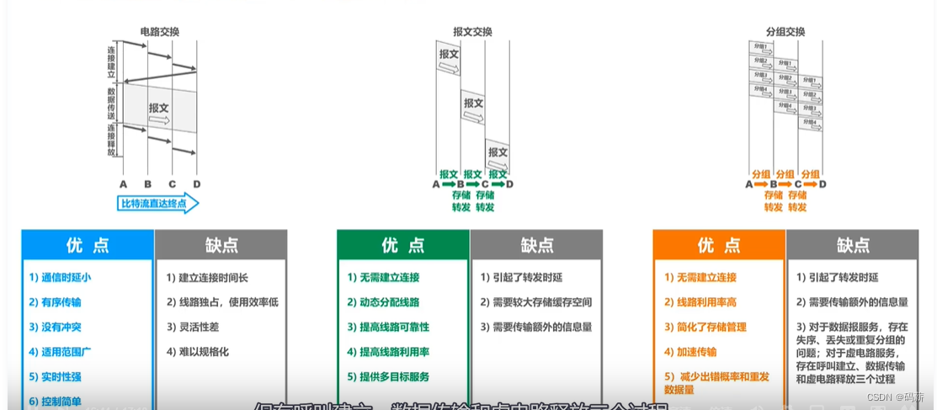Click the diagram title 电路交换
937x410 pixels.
159,32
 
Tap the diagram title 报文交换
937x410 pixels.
472,32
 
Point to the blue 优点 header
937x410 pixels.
88,245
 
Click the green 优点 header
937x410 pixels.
402,245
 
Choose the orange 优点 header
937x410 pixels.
718,245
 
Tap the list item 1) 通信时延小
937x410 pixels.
60,277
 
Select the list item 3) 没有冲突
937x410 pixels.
55,327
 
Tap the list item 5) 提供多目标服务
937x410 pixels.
388,376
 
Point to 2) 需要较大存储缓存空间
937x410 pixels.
536,302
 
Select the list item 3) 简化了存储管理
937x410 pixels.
705,327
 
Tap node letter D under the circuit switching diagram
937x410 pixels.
196,184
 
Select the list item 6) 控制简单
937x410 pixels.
55,402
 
